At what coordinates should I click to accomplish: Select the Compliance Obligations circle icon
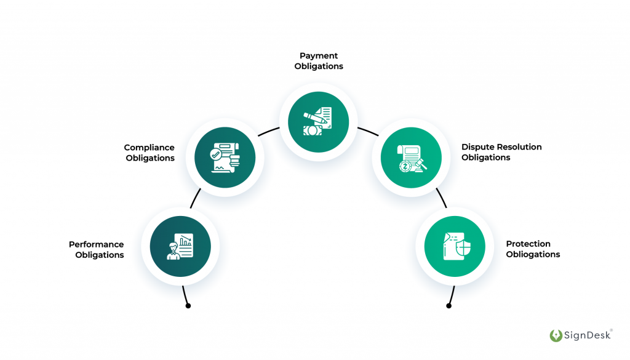click(225, 158)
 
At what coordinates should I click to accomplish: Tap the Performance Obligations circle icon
click(180, 246)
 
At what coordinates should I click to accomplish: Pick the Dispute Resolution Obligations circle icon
click(410, 158)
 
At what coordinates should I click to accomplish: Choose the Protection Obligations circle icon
click(455, 247)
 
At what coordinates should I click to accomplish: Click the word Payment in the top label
click(319, 56)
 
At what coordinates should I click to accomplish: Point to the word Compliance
click(150, 148)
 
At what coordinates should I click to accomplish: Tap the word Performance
click(97, 244)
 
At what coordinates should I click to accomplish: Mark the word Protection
click(528, 244)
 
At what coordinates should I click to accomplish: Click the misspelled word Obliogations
click(533, 254)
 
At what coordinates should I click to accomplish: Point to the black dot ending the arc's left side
click(188, 306)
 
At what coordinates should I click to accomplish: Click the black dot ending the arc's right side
click(449, 306)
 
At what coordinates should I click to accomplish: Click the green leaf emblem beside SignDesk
click(556, 336)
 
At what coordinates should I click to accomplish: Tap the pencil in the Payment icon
click(313, 115)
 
